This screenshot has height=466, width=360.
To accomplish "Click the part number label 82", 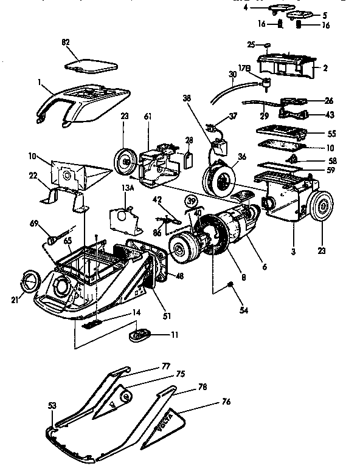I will [65, 42].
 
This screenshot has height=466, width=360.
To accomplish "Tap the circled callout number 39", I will [192, 202].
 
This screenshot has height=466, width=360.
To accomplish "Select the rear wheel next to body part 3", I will [320, 207].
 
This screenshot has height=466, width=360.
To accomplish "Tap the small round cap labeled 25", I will [267, 45].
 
